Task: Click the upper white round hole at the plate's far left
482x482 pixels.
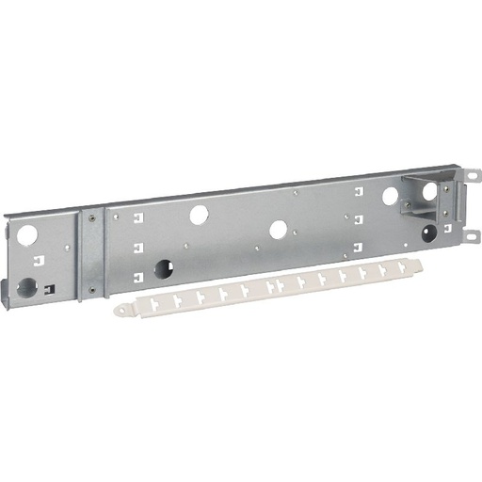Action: tap(26, 232)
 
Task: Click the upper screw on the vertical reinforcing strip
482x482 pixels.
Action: tap(92, 218)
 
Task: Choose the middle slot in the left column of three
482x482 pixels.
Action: tap(138, 249)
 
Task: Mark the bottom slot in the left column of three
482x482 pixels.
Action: tap(138, 276)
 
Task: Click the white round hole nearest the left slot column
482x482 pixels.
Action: tap(199, 215)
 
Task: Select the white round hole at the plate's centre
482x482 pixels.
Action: tap(278, 229)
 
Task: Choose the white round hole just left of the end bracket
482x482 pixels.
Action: tap(390, 197)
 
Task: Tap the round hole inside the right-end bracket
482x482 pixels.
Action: tap(429, 190)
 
